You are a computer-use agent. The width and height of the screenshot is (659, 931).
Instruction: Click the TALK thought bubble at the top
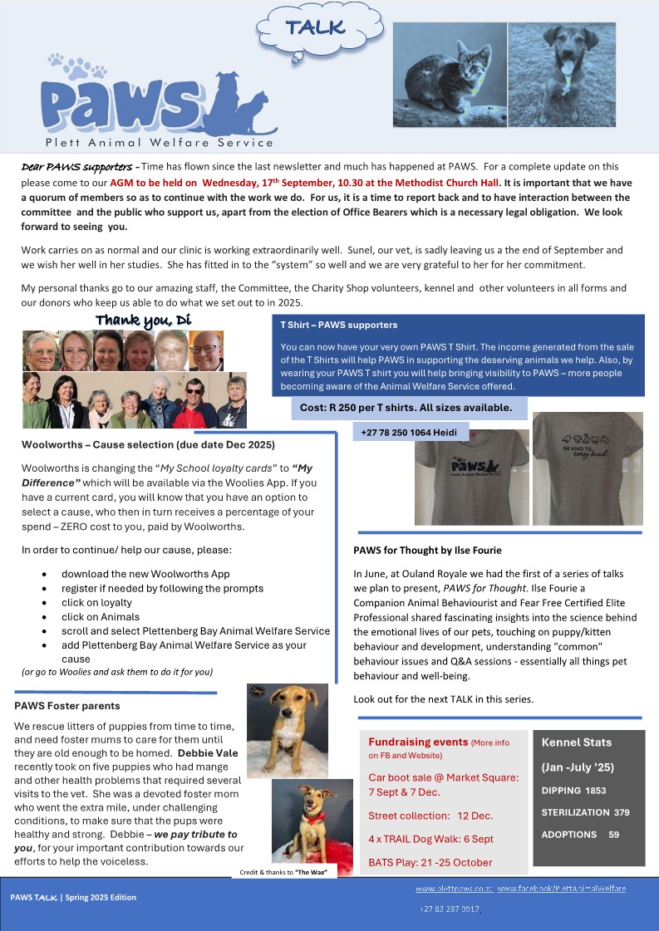click(x=314, y=28)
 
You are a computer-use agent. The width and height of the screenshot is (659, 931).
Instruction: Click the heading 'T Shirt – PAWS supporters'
click(x=339, y=325)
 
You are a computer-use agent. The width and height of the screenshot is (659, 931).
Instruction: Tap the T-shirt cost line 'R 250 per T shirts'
click(x=406, y=408)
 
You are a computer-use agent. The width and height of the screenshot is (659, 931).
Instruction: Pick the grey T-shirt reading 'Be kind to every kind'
click(x=587, y=469)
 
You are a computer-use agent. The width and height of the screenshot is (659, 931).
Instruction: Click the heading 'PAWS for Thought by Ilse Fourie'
click(x=427, y=550)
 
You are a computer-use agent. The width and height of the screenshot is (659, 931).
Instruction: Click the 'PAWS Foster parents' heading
click(x=67, y=706)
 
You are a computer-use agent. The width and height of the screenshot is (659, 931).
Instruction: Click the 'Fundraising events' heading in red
click(x=418, y=742)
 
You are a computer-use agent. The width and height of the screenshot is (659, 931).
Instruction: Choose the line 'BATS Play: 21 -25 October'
click(x=430, y=862)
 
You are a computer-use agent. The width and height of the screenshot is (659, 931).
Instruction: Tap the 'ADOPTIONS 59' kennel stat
click(x=581, y=834)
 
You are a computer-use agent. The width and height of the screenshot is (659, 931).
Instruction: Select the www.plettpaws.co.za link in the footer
click(x=454, y=889)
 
